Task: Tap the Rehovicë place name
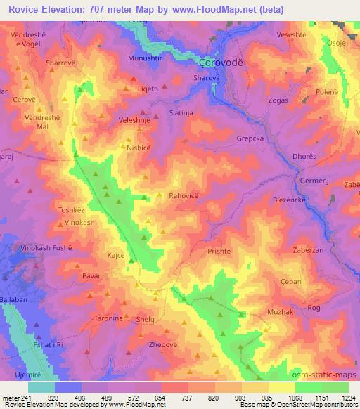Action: (186, 198)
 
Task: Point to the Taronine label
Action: (110, 318)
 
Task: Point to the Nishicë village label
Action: (139, 148)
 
